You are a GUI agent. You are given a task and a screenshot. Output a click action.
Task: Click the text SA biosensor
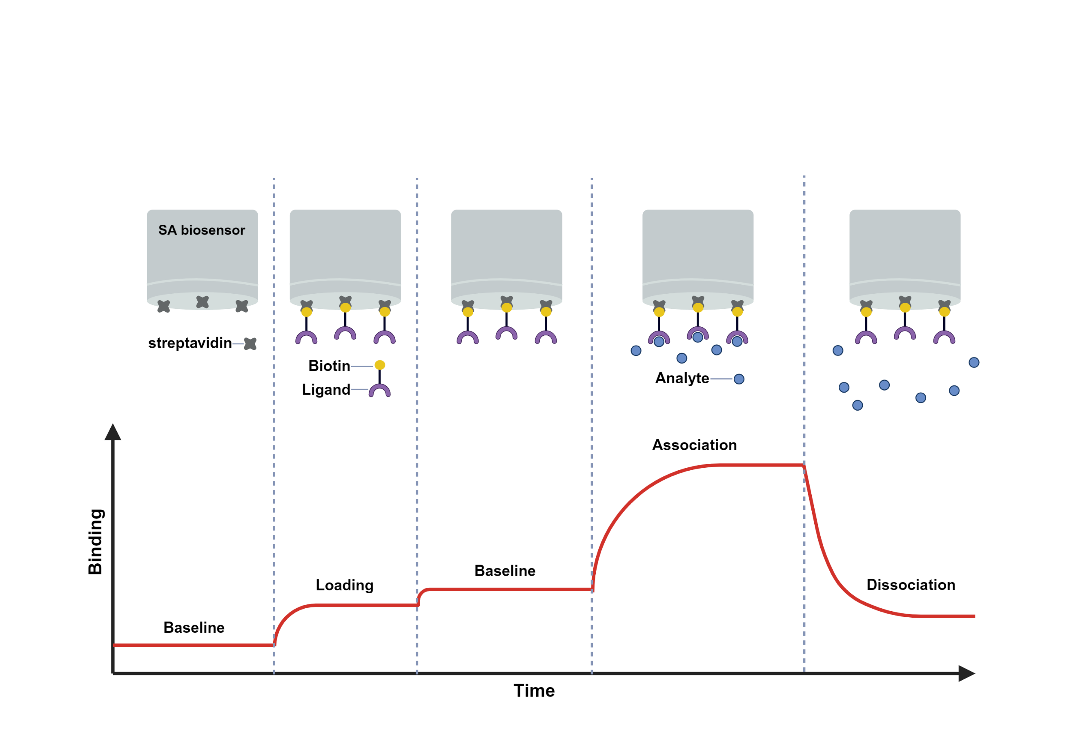click(x=201, y=230)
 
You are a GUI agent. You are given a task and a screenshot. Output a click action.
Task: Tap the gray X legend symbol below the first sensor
click(x=250, y=344)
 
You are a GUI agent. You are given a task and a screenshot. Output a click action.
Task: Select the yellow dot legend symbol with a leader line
click(x=380, y=365)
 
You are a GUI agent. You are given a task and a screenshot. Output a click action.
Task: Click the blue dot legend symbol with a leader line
click(x=739, y=379)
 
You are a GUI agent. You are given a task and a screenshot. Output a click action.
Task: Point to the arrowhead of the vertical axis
click(x=113, y=432)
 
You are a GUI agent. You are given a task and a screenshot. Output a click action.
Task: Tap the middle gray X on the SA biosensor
click(x=203, y=302)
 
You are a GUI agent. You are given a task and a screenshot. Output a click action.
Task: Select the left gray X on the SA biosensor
click(x=163, y=306)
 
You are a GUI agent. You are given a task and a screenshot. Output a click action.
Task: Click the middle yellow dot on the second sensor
click(x=345, y=308)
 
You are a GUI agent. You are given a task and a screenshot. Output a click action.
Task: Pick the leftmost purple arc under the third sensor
click(x=468, y=337)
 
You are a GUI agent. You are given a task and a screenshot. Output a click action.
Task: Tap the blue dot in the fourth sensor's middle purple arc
click(x=698, y=337)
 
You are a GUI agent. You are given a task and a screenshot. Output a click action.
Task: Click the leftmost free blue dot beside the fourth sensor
click(x=636, y=351)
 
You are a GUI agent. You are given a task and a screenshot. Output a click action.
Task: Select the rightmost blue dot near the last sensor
click(x=974, y=362)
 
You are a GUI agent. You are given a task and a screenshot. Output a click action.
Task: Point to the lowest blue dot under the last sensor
click(x=857, y=405)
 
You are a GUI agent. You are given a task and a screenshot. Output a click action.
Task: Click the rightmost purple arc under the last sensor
click(x=944, y=337)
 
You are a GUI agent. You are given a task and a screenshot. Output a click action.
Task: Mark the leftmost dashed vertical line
click(x=274, y=423)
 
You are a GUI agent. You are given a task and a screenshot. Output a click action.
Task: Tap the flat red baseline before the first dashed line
click(x=192, y=645)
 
